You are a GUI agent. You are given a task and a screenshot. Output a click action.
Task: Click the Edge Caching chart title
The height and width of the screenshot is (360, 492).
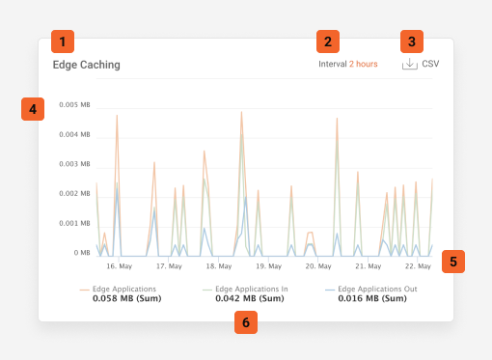coord(87,66)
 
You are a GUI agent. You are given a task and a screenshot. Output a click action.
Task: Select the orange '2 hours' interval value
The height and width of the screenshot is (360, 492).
coord(364,65)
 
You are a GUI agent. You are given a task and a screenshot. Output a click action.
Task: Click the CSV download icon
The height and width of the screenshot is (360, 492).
coord(410,65)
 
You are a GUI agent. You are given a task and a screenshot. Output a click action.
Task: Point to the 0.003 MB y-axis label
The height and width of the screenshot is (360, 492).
coord(74,164)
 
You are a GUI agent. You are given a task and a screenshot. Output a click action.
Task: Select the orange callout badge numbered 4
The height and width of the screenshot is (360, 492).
coord(32,109)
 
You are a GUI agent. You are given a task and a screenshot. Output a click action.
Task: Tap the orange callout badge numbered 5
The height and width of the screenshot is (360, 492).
coord(454,260)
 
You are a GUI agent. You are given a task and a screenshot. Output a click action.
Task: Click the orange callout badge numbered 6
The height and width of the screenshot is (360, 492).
coord(247,322)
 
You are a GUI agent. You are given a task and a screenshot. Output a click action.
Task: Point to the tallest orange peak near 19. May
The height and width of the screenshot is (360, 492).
coord(241,113)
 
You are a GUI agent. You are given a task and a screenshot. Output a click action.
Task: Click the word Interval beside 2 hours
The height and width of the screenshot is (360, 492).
coord(333,65)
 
